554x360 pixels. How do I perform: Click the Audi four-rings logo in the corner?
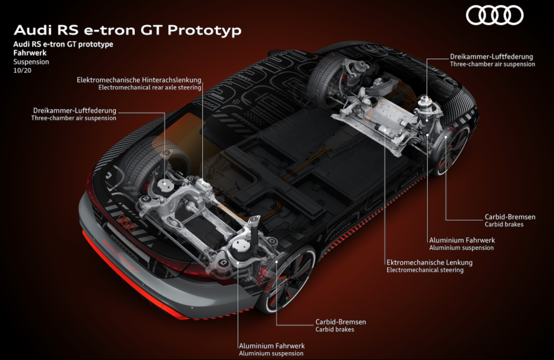(494, 16)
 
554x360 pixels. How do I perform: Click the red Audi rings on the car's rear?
(127, 223)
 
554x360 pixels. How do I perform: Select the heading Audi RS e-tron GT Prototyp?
(128, 30)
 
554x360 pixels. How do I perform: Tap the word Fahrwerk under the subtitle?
(30, 53)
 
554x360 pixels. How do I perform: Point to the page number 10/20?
(22, 70)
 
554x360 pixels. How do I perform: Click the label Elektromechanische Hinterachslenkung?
(139, 80)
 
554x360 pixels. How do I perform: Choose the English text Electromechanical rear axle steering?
(150, 87)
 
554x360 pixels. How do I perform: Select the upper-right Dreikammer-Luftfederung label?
(492, 57)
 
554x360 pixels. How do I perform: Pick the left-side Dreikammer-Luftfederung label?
(75, 110)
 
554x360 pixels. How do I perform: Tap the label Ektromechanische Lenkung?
(429, 262)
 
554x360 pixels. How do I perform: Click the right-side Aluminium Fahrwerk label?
(462, 240)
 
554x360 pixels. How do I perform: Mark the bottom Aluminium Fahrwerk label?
(272, 346)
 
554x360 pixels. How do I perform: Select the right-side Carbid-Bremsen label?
(510, 217)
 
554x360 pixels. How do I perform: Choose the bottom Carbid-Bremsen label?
(341, 322)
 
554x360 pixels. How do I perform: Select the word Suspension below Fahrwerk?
(31, 62)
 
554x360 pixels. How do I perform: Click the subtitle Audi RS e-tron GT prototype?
(63, 44)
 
